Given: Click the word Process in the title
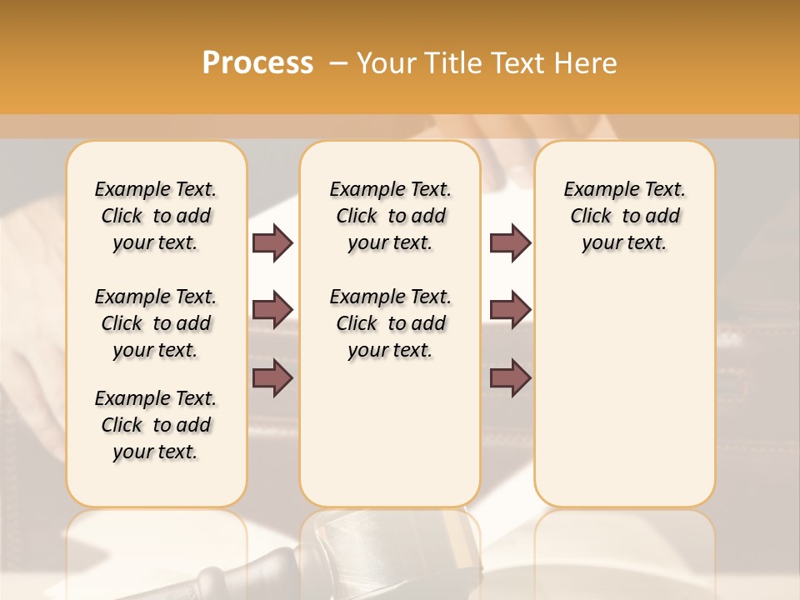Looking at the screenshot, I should pos(257,63).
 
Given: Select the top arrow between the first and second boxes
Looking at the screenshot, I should pos(272,242).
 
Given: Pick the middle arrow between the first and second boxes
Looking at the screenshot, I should pos(272,310).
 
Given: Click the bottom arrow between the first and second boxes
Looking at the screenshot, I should pos(272,378).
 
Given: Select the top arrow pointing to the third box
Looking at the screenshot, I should pos(510,242).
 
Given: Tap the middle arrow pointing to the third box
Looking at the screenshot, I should pos(510,310).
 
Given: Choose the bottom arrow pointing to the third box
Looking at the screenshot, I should pos(510,378).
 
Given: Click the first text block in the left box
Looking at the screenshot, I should pos(156,216).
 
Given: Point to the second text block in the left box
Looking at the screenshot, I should pos(156,323).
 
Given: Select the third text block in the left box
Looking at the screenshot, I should pos(156,425).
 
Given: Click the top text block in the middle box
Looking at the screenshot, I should pos(390,216).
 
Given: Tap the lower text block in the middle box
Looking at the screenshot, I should pos(390,323).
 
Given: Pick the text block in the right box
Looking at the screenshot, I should pos(624,216).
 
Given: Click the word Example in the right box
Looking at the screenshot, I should pos(594,190).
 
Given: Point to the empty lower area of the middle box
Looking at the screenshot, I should pos(390,433).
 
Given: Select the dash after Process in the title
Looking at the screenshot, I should pos(338,63).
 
